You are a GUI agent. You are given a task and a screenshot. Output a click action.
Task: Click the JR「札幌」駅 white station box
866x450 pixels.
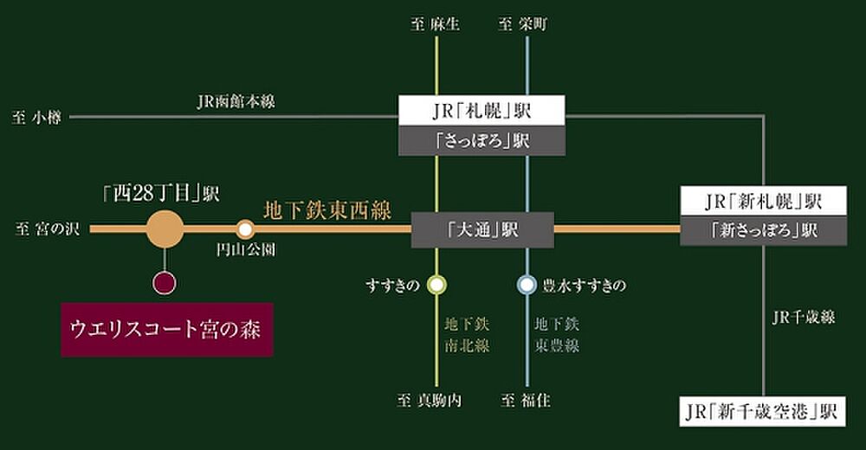(481, 111)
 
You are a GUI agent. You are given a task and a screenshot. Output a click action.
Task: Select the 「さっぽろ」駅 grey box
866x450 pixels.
(481, 141)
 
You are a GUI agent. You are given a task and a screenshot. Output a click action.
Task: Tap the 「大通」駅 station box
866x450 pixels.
(482, 229)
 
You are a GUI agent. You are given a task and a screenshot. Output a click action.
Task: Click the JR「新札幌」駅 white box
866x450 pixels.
(763, 201)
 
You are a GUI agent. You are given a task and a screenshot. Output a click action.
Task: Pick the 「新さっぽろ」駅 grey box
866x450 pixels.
(763, 231)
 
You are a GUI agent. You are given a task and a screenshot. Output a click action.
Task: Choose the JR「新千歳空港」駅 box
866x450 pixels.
(762, 411)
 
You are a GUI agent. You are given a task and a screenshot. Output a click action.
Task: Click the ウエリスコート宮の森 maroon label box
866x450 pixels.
(167, 330)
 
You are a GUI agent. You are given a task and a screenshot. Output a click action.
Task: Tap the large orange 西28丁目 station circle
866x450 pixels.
(165, 229)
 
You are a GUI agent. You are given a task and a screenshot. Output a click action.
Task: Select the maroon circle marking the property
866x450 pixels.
(165, 283)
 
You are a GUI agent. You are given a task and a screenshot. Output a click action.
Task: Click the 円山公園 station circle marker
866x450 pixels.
(245, 229)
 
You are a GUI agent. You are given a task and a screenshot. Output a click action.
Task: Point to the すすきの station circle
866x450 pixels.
(436, 285)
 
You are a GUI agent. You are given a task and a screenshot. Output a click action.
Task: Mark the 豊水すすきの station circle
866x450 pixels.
(527, 285)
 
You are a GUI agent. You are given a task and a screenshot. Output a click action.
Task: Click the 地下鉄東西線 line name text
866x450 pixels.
(327, 210)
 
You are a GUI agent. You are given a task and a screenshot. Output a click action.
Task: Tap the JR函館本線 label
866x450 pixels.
(236, 101)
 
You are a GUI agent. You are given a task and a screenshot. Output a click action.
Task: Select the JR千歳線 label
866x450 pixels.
(804, 317)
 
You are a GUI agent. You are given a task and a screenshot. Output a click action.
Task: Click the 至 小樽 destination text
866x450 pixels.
(36, 118)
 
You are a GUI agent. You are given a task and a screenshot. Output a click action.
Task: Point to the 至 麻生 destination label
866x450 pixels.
(436, 24)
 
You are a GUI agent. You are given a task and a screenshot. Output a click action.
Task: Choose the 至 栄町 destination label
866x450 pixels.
(523, 24)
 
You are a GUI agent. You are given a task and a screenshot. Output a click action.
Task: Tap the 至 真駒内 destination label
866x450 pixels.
(430, 401)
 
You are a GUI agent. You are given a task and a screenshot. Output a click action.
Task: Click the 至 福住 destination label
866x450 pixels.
(526, 401)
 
